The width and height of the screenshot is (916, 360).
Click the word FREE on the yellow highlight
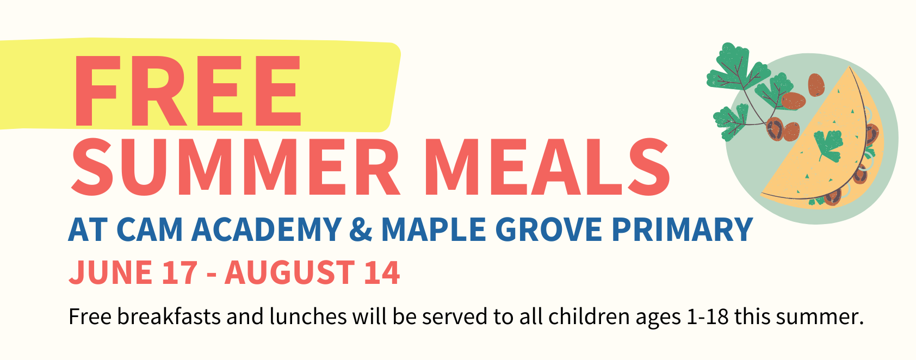(x=187, y=91)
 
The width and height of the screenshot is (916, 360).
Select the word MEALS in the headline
(x=546, y=167)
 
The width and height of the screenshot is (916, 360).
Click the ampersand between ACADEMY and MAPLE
(x=361, y=229)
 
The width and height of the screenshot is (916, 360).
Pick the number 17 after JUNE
(x=180, y=272)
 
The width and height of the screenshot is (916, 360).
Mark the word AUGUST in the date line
(x=289, y=272)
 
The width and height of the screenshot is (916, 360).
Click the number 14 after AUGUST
(x=382, y=272)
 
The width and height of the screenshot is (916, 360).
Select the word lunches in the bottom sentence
(x=308, y=316)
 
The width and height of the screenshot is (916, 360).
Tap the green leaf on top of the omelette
(x=828, y=145)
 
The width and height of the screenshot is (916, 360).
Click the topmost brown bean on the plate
(x=816, y=85)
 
